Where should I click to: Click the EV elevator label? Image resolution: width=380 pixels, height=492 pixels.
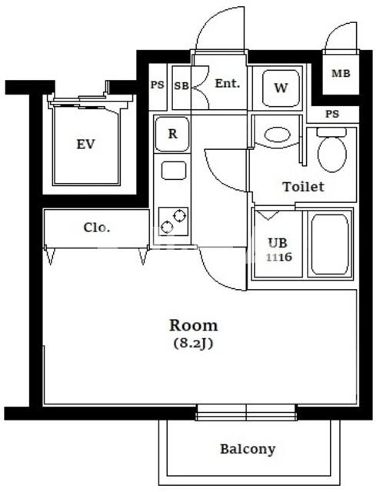click(x=85, y=145)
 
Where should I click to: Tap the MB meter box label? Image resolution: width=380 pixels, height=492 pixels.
click(x=341, y=74)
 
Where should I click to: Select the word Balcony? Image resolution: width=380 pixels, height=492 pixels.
click(x=248, y=449)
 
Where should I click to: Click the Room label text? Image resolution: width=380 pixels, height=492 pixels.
click(x=193, y=325)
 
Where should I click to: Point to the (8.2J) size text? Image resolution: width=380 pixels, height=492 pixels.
click(x=193, y=344)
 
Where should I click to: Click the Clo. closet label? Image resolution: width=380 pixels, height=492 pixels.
click(x=97, y=228)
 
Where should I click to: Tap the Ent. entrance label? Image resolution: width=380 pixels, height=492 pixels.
click(x=228, y=84)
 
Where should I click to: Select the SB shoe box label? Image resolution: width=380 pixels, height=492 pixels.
click(x=182, y=85)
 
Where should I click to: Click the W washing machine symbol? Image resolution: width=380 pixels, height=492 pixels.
click(x=281, y=88)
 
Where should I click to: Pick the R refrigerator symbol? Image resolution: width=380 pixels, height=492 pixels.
click(x=172, y=134)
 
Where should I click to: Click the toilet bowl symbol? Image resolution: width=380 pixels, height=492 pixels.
click(x=332, y=150)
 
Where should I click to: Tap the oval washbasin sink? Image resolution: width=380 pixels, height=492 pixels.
click(x=277, y=135)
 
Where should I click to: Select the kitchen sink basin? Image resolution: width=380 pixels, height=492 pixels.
click(x=174, y=171)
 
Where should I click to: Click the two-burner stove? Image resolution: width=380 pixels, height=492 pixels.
click(x=173, y=221)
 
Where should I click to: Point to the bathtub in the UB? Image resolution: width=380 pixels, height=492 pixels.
click(x=330, y=244)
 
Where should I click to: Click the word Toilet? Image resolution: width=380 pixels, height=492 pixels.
click(x=303, y=187)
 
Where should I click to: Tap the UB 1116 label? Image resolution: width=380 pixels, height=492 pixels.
click(x=279, y=250)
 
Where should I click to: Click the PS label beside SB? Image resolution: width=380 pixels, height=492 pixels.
click(x=157, y=85)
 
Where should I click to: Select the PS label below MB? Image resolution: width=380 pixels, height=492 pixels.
click(x=332, y=114)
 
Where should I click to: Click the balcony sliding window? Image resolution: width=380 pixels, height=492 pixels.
click(x=246, y=413)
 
